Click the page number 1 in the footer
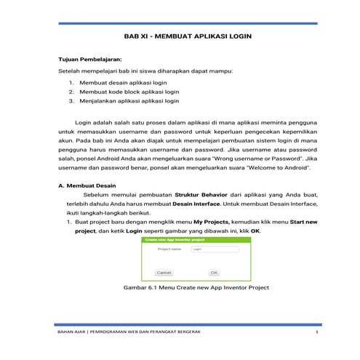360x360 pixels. (318, 332)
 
